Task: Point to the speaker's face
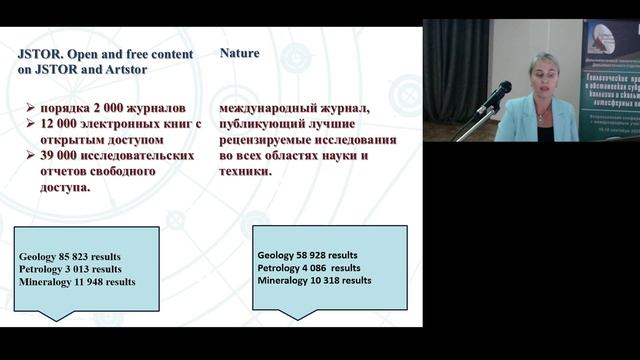click(544, 79)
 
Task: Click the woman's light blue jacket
click(520, 122)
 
